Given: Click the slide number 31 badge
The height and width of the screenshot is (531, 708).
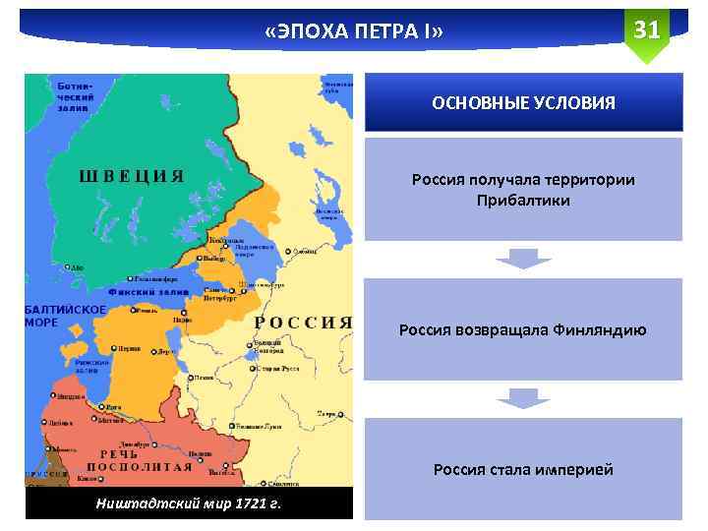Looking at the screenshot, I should tap(646, 30).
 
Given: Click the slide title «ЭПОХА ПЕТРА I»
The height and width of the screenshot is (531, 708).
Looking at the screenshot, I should tap(354, 33).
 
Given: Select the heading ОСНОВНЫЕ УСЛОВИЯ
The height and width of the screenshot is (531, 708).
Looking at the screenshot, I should tap(524, 102).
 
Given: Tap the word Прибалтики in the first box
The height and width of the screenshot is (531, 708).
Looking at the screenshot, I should tap(523, 201).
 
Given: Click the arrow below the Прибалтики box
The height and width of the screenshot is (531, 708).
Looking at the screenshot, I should tap(522, 259).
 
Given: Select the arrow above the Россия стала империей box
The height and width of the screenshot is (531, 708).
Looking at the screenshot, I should tap(522, 398).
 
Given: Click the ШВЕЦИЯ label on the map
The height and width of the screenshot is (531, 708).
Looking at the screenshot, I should tap(131, 176).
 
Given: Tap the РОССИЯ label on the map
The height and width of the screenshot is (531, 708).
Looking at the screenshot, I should tap(303, 322).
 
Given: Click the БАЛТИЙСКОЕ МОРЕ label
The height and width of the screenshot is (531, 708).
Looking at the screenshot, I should tap(65, 315).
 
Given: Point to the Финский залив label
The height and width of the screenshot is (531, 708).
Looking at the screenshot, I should tap(147, 292).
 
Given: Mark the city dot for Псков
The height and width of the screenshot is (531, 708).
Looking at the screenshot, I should tap(190, 376).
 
